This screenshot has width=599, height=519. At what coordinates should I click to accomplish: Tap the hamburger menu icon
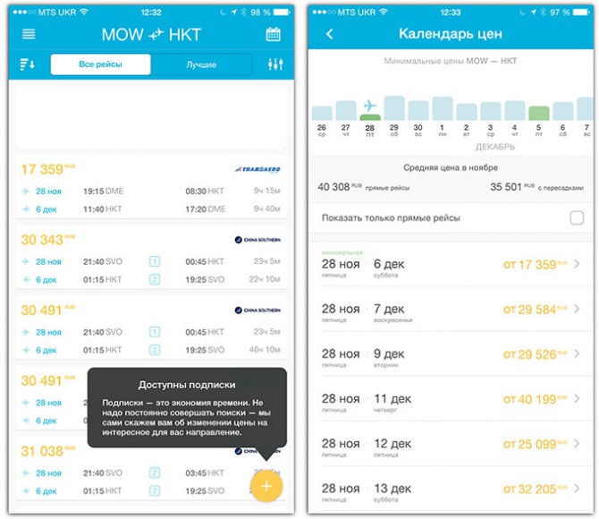(29, 34)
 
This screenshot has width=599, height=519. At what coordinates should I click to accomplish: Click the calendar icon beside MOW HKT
(274, 34)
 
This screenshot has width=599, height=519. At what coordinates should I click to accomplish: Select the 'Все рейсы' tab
(100, 64)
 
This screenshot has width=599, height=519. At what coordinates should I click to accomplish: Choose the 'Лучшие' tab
(201, 64)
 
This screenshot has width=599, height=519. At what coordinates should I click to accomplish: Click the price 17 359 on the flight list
(42, 169)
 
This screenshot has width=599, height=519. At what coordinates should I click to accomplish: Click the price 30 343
(42, 240)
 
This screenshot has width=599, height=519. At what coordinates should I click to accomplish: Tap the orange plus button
(266, 485)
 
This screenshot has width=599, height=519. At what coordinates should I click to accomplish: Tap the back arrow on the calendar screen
(329, 34)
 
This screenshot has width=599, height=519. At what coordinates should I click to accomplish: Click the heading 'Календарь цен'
(450, 34)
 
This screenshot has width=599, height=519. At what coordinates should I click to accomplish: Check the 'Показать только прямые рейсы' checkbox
(576, 218)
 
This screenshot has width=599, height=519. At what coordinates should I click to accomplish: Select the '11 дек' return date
(392, 399)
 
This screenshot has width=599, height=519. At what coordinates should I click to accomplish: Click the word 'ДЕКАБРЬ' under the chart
(495, 146)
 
